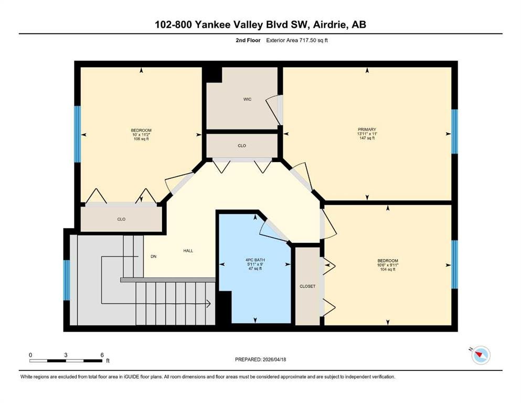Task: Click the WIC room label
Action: point(247,99)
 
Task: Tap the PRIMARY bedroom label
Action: point(367,129)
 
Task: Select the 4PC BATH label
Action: point(255,260)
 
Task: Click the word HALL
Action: point(188,250)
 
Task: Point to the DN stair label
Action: point(154,257)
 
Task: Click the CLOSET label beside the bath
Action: point(307,286)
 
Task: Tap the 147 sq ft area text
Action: point(367,138)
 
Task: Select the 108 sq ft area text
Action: point(141,139)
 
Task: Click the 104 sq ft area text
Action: point(387,269)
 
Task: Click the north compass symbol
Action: point(481,355)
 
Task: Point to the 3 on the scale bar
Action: point(66,355)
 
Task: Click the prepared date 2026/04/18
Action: point(274,359)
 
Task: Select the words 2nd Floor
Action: point(248,40)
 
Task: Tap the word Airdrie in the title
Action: point(327,25)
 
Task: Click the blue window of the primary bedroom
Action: point(454,132)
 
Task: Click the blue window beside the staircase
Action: point(67,280)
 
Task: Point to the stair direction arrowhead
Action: point(209,303)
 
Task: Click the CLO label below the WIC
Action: point(242,145)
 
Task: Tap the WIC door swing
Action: point(273,110)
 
